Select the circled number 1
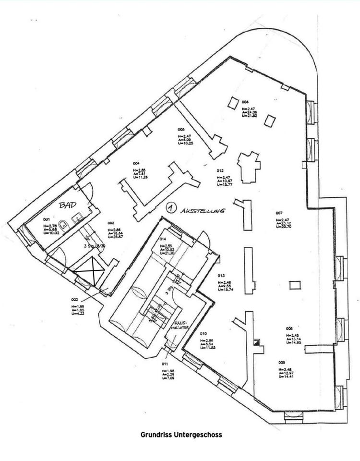coord(169,207)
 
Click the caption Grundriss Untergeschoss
coord(181,435)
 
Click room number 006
coord(245,102)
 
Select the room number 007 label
coord(278,212)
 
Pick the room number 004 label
coord(136,163)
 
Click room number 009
coord(281,363)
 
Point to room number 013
coord(221,276)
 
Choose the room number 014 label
coord(163,239)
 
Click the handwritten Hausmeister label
coord(179,326)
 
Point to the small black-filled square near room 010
coord(257,342)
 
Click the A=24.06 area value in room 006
coord(250,112)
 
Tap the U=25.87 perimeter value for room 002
coord(115,237)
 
